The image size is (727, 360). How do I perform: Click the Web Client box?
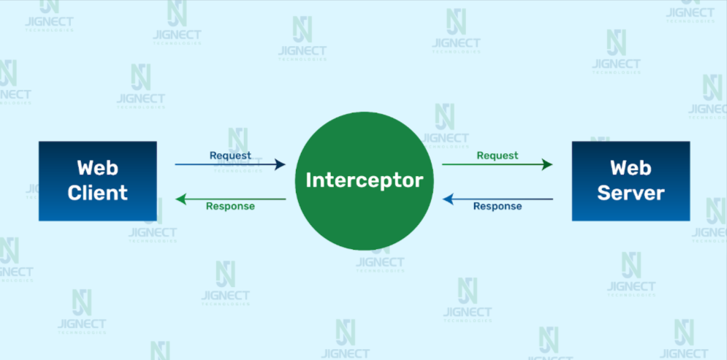tap(98, 180)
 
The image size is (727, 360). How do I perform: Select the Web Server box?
tap(631, 180)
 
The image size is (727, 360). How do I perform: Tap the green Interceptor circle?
tap(365, 180)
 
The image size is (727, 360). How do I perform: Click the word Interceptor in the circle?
tap(365, 180)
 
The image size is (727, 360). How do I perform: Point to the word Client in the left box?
tap(98, 193)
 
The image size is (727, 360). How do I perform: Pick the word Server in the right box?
tap(631, 193)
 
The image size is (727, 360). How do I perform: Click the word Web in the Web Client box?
tap(98, 168)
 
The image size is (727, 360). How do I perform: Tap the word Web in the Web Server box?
tap(631, 168)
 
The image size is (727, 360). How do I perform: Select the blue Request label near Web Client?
tap(230, 156)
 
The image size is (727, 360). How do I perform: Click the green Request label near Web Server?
tap(498, 156)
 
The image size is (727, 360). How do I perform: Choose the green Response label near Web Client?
tap(230, 206)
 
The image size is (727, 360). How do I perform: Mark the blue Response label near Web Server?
tap(498, 206)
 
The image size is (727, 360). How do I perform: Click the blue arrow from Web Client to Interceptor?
tap(230, 164)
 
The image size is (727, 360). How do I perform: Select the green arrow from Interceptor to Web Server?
tap(497, 164)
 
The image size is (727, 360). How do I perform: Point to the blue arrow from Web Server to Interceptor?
tap(498, 199)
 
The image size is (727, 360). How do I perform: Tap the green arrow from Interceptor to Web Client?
tap(231, 199)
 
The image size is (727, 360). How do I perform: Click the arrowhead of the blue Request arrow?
tap(280, 164)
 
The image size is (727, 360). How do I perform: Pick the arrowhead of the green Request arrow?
tap(547, 164)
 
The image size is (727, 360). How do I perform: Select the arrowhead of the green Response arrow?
tap(180, 199)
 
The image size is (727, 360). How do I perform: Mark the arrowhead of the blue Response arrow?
tap(448, 199)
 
